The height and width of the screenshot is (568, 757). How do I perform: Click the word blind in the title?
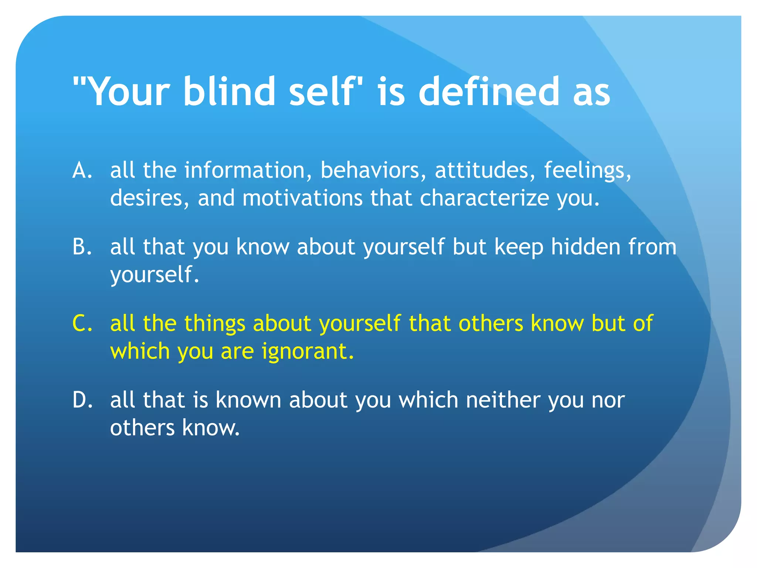tap(229, 91)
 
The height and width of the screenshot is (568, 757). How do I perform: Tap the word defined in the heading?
tap(489, 91)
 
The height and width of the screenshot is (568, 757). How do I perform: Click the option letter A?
tap(82, 170)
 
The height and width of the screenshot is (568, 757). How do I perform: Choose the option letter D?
tap(82, 400)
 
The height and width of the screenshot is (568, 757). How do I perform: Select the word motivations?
tap(302, 198)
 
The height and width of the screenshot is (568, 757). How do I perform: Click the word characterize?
tap(484, 198)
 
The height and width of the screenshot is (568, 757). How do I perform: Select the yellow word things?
tap(215, 324)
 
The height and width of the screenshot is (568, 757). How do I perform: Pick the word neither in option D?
tap(503, 400)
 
